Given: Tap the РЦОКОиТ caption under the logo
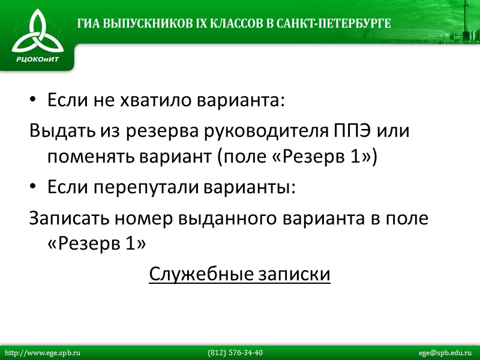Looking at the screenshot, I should (37, 59).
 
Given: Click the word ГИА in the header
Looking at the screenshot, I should (88, 24).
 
